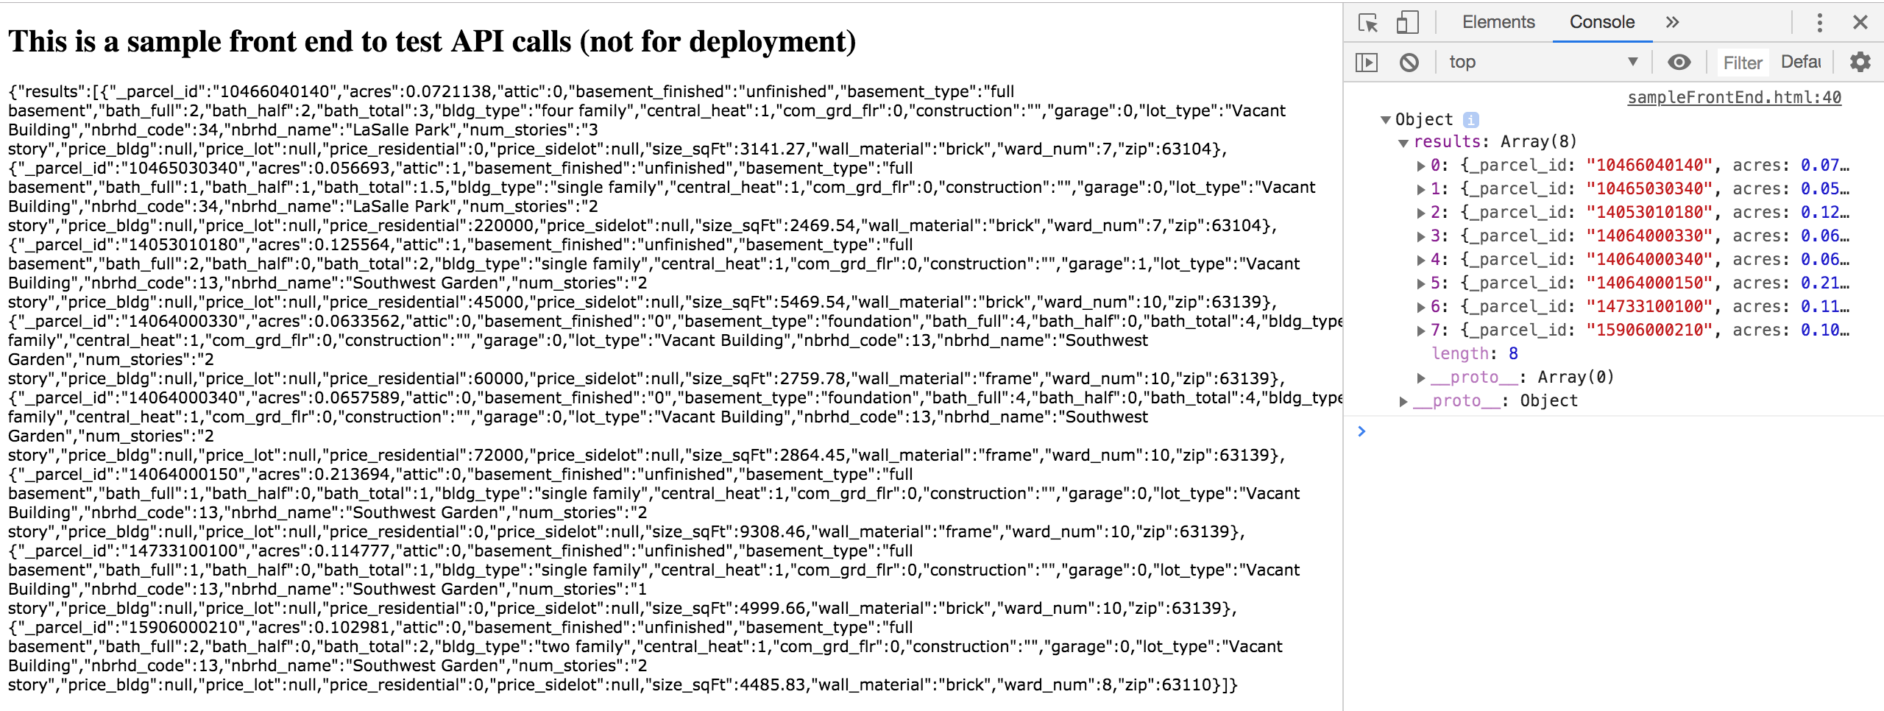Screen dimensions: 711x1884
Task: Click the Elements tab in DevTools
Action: [1498, 22]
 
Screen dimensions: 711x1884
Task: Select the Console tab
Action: [1601, 22]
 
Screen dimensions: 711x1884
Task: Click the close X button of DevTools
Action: [1860, 22]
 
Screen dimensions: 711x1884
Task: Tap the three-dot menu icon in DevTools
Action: [1819, 22]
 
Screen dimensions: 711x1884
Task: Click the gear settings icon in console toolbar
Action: [1860, 62]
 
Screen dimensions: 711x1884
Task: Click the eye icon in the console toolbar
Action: [1679, 62]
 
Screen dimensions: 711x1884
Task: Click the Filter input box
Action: [1742, 63]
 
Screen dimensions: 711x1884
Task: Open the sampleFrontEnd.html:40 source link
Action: [1734, 97]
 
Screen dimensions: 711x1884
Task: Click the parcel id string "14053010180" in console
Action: [1649, 212]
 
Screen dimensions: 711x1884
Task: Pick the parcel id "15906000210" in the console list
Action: [1649, 330]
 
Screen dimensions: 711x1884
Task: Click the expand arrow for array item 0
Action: [1421, 166]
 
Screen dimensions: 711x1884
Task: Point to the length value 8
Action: [1513, 353]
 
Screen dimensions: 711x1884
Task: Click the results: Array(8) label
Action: [1494, 141]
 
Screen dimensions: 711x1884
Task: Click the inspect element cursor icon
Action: [1367, 22]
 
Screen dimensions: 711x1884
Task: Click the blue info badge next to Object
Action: [1470, 119]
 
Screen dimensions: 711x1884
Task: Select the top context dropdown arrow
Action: [1633, 62]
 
